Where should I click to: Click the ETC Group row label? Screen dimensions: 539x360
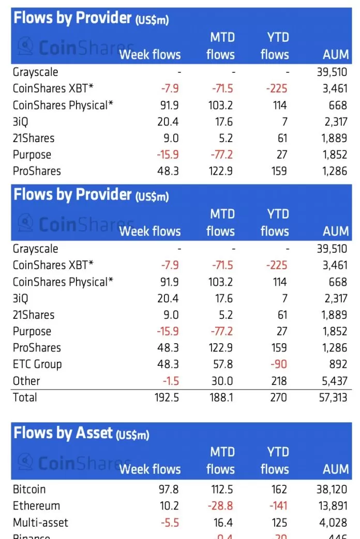37,364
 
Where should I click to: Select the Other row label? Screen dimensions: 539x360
26,381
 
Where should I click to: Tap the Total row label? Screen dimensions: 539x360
25,397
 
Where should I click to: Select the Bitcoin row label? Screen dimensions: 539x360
29,489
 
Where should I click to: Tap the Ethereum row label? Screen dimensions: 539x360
36,506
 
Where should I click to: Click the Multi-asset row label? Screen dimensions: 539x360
40,522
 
